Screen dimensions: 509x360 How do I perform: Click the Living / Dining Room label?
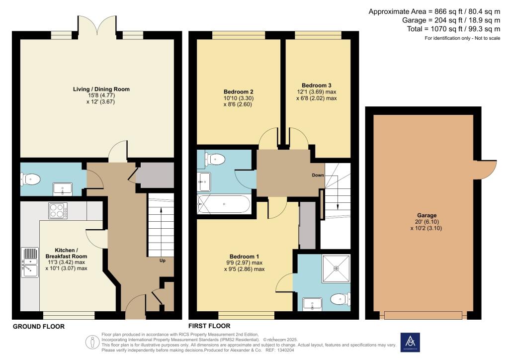click(x=101, y=90)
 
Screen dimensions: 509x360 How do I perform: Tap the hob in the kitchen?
click(x=58, y=210)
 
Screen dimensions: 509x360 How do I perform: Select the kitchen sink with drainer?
click(x=30, y=262)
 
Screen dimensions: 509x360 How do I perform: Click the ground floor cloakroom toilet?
click(x=30, y=179)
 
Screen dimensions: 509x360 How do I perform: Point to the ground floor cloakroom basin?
click(x=62, y=189)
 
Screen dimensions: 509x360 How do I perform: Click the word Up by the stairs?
click(x=163, y=261)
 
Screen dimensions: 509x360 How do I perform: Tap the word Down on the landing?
click(x=318, y=175)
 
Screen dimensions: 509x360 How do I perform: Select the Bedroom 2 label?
click(x=238, y=92)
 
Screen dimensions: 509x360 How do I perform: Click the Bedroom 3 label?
click(x=317, y=86)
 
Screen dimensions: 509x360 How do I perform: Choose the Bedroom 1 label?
click(x=244, y=257)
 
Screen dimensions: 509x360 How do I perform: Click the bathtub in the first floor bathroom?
click(x=224, y=204)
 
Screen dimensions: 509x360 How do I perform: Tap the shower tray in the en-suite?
click(x=337, y=269)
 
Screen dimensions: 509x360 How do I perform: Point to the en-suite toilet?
click(x=340, y=299)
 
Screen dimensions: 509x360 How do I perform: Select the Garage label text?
click(x=427, y=215)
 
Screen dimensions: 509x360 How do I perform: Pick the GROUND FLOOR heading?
click(x=39, y=327)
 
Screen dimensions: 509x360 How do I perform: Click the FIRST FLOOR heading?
click(x=209, y=326)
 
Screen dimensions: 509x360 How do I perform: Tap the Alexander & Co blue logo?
click(x=410, y=342)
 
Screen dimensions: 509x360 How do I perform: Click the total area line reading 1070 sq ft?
click(x=453, y=29)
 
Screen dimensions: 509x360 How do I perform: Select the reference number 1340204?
click(x=285, y=350)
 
